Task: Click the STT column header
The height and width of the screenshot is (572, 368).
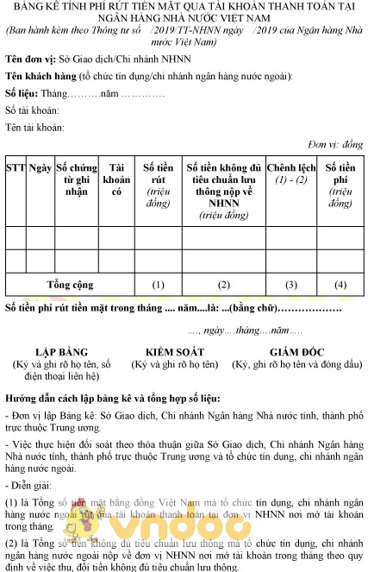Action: (15, 167)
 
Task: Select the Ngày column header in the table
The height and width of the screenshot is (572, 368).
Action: (39, 167)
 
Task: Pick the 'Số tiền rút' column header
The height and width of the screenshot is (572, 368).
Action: (158, 185)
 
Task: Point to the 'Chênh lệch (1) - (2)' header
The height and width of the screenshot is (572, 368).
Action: (291, 173)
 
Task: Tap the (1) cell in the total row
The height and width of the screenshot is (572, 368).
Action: (158, 284)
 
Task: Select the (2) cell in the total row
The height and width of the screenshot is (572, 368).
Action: (223, 284)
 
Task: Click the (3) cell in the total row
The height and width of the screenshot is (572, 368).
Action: (291, 284)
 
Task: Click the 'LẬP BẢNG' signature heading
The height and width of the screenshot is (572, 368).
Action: (61, 352)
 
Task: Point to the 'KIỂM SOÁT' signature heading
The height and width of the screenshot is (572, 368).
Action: (174, 352)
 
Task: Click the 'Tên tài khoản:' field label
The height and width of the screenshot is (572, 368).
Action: (34, 127)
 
